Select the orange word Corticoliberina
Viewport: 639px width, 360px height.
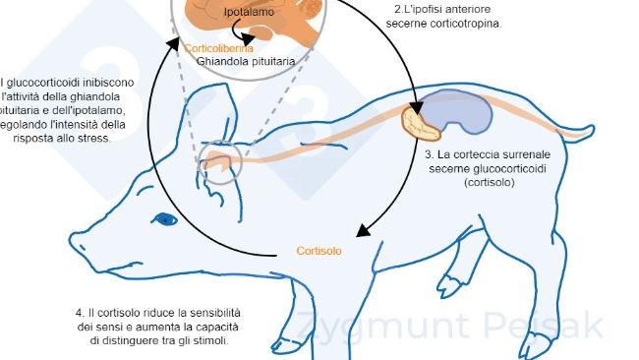(217, 48)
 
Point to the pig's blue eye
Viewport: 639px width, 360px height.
(163, 218)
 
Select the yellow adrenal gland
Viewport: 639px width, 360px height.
(423, 125)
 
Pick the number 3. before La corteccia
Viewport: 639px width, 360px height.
(430, 155)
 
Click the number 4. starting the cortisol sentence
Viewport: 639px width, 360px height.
(80, 312)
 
